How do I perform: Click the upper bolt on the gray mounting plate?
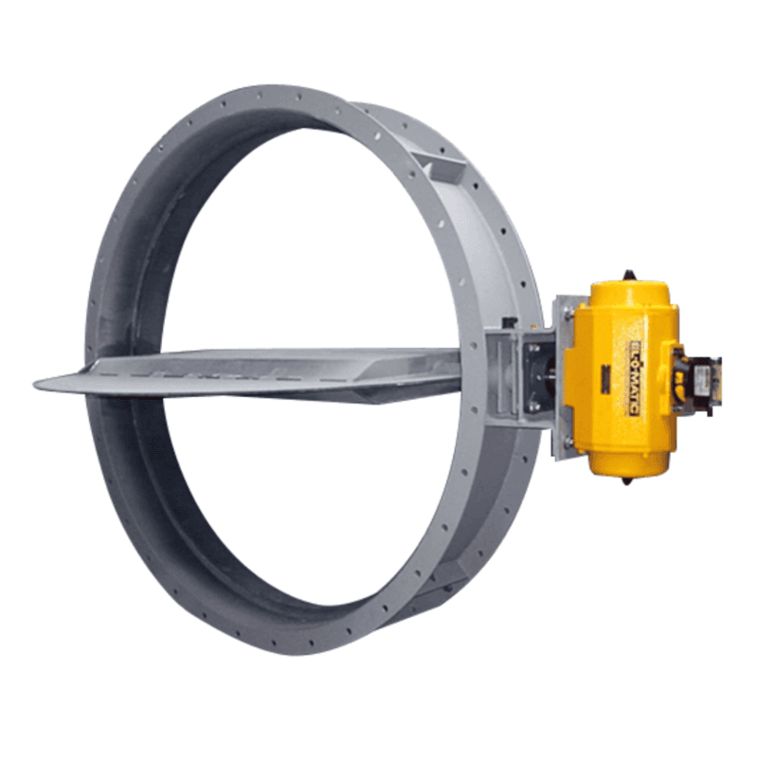[567, 314]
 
